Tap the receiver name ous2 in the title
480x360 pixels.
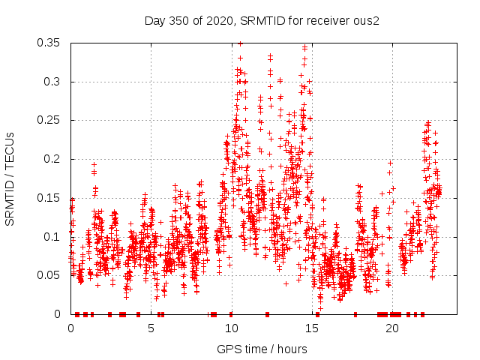click(x=366, y=20)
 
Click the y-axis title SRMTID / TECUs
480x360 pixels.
click(x=10, y=178)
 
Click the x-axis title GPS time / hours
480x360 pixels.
click(x=262, y=349)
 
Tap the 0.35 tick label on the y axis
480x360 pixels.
click(x=50, y=43)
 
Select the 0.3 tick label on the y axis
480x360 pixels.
click(x=53, y=82)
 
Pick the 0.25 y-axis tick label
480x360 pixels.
click(x=50, y=120)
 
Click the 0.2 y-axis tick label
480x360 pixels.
click(x=53, y=159)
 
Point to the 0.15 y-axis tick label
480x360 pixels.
click(x=50, y=198)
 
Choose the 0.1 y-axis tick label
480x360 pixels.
click(x=53, y=236)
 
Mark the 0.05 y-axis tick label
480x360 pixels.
click(x=50, y=275)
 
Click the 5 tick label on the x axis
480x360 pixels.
click(x=151, y=328)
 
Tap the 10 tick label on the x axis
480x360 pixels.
click(x=232, y=328)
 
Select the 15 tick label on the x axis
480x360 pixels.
click(x=312, y=328)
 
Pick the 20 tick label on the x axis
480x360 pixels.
click(x=392, y=328)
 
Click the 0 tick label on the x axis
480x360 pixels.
click(x=71, y=328)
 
